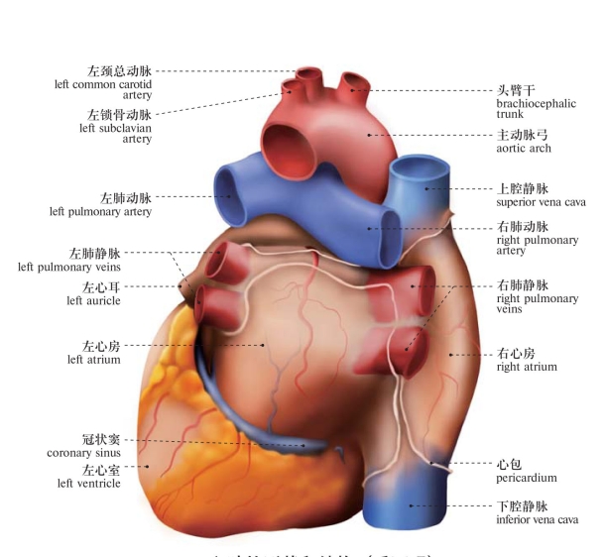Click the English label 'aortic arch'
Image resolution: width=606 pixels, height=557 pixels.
click(523, 149)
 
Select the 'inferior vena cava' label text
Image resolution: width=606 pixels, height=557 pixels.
click(536, 519)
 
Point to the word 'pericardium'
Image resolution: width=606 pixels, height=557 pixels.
click(526, 478)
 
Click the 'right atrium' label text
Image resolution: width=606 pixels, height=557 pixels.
click(526, 367)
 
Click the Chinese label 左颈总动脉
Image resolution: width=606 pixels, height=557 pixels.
click(119, 71)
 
